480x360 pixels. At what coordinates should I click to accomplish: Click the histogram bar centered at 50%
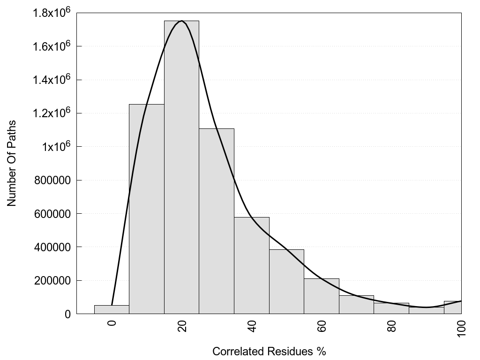(286, 282)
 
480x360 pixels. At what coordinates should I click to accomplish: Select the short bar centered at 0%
(112, 309)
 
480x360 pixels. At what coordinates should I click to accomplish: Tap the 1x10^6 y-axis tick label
(55, 147)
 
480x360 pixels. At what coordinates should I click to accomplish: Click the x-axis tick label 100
(462, 328)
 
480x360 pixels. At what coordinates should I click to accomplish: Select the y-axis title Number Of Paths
(12, 163)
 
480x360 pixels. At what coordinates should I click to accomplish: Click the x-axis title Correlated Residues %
(269, 351)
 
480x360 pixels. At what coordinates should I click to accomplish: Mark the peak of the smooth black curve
(181, 21)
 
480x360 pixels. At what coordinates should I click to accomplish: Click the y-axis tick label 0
(67, 314)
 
